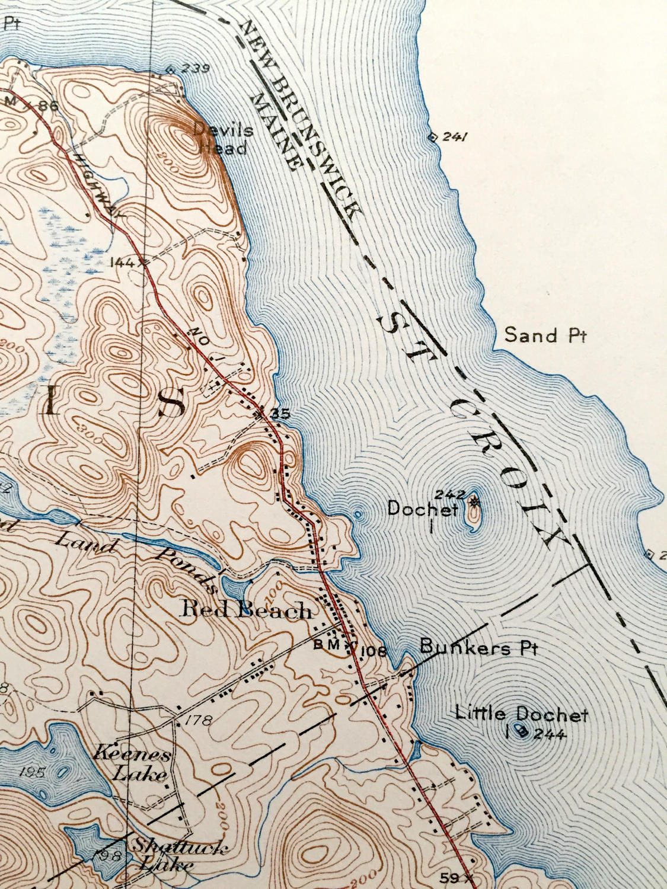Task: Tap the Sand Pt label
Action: [x=544, y=336]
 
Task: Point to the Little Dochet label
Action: [x=521, y=715]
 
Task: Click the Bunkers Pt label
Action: [x=478, y=647]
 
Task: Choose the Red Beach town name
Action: [x=247, y=610]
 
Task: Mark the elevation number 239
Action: [x=196, y=69]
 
